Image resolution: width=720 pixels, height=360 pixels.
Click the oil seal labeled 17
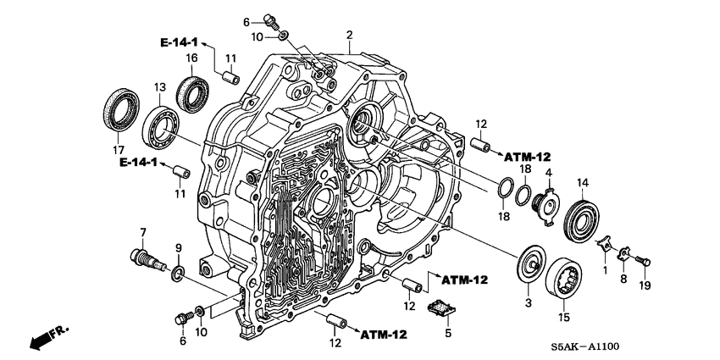tap(121, 108)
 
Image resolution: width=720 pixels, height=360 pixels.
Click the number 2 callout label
tap(348, 35)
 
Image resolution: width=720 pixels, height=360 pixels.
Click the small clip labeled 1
tap(605, 246)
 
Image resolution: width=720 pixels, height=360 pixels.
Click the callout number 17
tap(108, 151)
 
